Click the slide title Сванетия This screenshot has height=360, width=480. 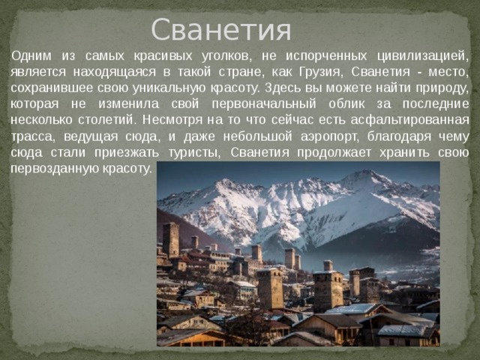pyautogui.click(x=220, y=30)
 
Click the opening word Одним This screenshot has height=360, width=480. pyautogui.click(x=31, y=56)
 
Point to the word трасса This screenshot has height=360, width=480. pyautogui.click(x=31, y=135)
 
